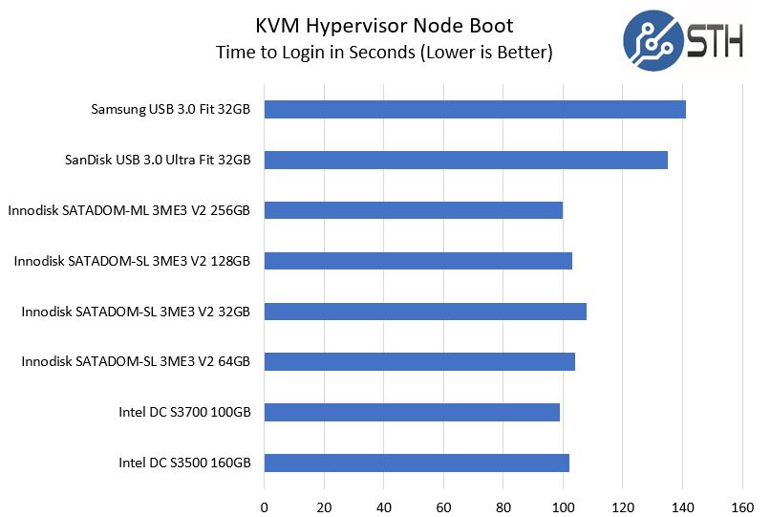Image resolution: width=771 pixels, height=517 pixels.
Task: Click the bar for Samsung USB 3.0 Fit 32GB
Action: coord(475,109)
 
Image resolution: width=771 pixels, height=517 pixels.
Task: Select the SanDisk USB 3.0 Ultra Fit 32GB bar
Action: coord(465,160)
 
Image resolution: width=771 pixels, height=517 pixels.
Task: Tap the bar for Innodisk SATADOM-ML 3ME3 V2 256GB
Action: coord(413,210)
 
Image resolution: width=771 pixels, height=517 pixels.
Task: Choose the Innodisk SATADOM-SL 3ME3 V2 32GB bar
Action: coord(425,312)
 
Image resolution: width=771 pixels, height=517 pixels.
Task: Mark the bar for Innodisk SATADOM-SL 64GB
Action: coord(419,361)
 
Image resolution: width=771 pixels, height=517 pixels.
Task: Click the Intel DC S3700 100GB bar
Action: coord(412,412)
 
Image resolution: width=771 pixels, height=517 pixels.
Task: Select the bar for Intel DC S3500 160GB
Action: coord(417,463)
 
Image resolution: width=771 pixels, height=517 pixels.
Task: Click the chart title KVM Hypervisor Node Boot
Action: coord(384,25)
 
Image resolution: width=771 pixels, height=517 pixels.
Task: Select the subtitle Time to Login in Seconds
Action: coord(384,53)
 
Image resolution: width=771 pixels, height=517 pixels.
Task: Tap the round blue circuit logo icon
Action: coord(653,39)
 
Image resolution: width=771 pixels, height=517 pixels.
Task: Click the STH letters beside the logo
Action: coord(714,40)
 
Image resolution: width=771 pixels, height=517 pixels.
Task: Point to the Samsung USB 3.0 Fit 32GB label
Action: coord(171,109)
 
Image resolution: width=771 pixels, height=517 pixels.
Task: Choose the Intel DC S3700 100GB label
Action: coord(184,412)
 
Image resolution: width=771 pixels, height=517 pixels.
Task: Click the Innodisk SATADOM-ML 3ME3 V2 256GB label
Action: coord(129,210)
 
